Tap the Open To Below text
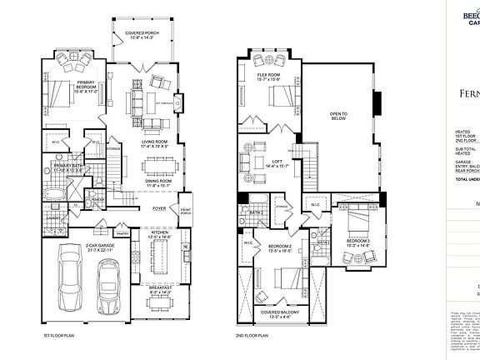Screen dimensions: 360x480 pyautogui.click(x=338, y=116)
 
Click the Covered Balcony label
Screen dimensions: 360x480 pyautogui.click(x=279, y=315)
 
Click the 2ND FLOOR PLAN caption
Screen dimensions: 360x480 pyautogui.click(x=251, y=336)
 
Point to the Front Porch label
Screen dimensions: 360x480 pyautogui.click(x=186, y=211)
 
